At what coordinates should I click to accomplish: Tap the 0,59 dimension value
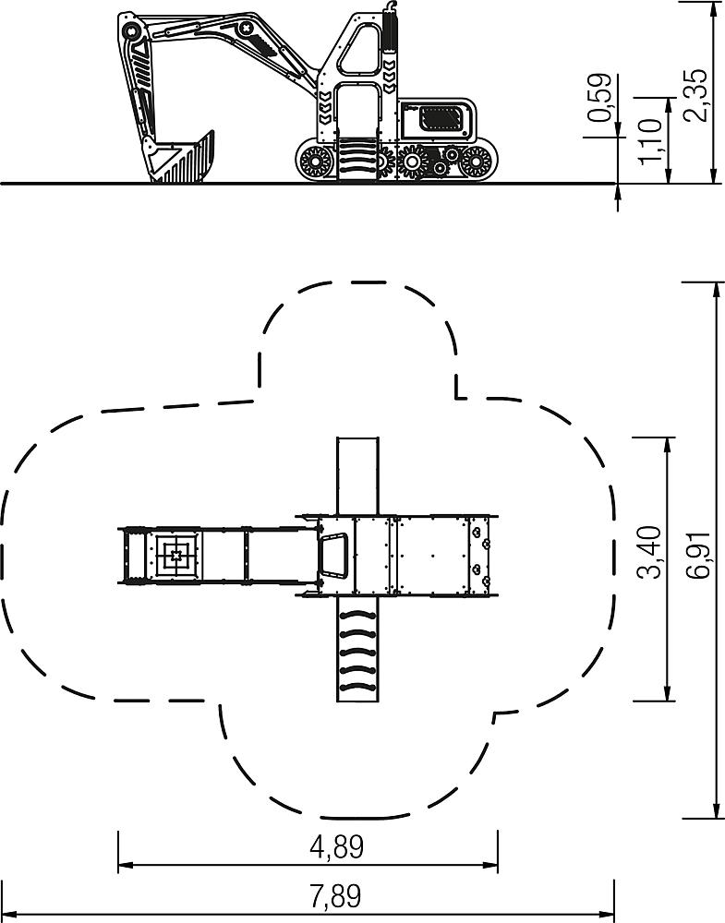point(600,98)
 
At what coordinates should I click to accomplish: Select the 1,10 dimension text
point(649,141)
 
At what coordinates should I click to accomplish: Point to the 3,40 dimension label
point(649,552)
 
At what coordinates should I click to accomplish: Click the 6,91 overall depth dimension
point(698,552)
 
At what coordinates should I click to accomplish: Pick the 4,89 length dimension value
point(336,847)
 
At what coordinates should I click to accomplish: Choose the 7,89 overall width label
point(335,896)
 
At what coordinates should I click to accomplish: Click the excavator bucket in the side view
point(180,157)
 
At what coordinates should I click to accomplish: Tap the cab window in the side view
point(359,50)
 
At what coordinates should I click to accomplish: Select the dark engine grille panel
point(440,119)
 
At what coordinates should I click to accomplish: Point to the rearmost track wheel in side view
point(475,162)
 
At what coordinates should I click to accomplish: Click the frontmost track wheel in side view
point(316,161)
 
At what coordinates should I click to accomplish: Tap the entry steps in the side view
point(357,160)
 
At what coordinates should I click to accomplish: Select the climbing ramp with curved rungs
point(357,649)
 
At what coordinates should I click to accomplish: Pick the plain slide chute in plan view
point(357,475)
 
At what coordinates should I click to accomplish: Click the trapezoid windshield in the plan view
point(334,556)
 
